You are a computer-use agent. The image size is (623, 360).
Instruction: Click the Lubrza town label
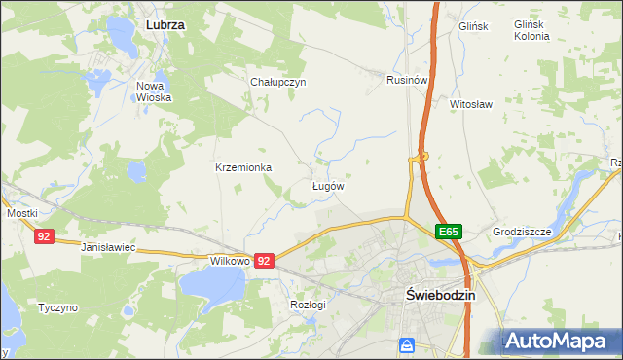[165, 21]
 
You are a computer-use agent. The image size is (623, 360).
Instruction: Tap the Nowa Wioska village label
[154, 91]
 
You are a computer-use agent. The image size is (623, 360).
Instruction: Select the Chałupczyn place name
[278, 83]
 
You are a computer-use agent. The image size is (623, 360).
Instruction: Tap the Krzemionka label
[243, 167]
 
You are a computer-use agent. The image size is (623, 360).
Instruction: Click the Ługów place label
[329, 186]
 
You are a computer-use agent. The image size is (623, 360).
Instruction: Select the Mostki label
[21, 213]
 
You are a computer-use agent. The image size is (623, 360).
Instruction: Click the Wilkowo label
[231, 262]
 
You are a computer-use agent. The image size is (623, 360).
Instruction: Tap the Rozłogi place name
[308, 304]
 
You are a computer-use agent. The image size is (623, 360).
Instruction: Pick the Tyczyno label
[57, 307]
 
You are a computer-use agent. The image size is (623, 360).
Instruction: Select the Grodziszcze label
[522, 233]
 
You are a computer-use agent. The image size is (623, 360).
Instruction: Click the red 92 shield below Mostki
[44, 236]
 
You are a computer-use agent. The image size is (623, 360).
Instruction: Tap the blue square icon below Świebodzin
[407, 344]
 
